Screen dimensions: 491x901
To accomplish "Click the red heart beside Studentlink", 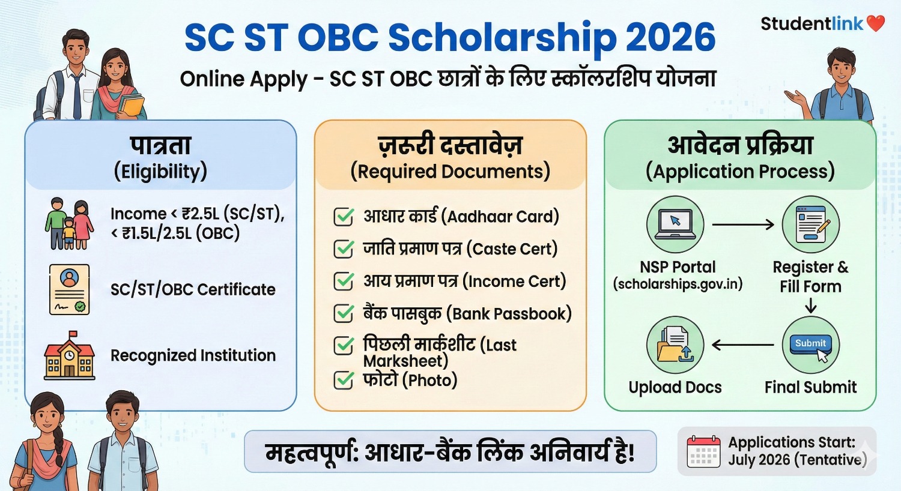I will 876,23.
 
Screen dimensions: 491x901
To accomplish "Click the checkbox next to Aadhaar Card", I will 344,217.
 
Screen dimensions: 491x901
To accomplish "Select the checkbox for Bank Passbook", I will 344,313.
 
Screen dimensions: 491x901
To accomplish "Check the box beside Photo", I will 344,380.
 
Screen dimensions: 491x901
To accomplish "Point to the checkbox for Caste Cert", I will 344,249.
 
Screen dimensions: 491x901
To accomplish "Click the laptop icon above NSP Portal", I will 675,224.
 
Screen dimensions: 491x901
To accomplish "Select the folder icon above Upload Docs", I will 675,346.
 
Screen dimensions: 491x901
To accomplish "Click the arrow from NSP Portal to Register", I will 743,225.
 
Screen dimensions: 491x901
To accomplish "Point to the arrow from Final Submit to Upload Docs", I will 743,345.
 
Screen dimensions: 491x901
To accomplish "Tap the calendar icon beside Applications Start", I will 703,451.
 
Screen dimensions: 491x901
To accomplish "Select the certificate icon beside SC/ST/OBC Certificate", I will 70,289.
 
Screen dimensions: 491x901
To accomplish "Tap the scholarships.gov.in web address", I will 678,284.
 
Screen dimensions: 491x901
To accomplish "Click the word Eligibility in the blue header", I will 160,172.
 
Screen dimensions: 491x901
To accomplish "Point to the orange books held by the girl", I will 132,106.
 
